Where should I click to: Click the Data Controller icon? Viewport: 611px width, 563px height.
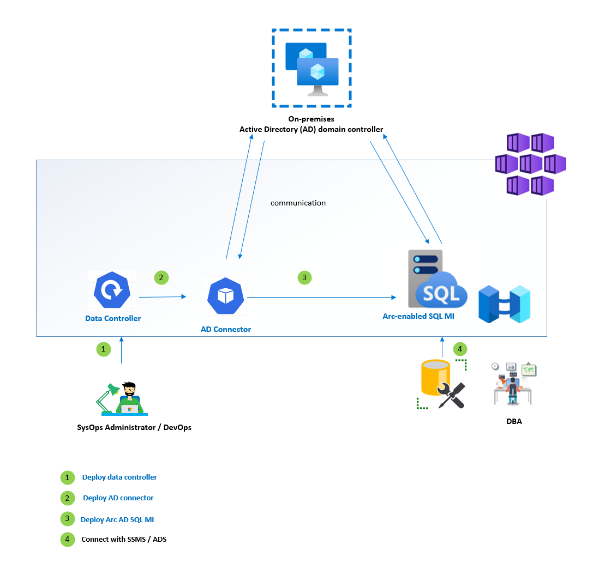112,289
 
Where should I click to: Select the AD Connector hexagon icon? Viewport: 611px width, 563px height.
226,296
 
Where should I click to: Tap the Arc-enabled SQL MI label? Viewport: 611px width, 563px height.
418,316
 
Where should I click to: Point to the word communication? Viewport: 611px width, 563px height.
298,203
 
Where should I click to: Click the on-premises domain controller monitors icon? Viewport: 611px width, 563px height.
312,69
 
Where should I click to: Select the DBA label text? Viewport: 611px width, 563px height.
514,421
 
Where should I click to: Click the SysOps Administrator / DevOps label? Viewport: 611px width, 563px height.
134,427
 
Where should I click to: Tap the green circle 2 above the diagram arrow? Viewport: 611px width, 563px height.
161,277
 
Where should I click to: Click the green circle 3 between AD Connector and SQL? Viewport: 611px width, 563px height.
304,277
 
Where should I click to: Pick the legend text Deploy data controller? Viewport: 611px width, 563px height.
119,477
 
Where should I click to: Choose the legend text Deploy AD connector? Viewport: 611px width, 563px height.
118,498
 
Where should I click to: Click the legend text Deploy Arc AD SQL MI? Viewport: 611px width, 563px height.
121,519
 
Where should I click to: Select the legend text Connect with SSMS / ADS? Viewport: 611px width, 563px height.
124,540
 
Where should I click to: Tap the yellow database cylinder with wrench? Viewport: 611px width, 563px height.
441,384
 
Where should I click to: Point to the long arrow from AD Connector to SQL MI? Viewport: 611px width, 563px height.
322,298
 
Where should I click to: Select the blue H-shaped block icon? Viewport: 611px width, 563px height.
504,304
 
